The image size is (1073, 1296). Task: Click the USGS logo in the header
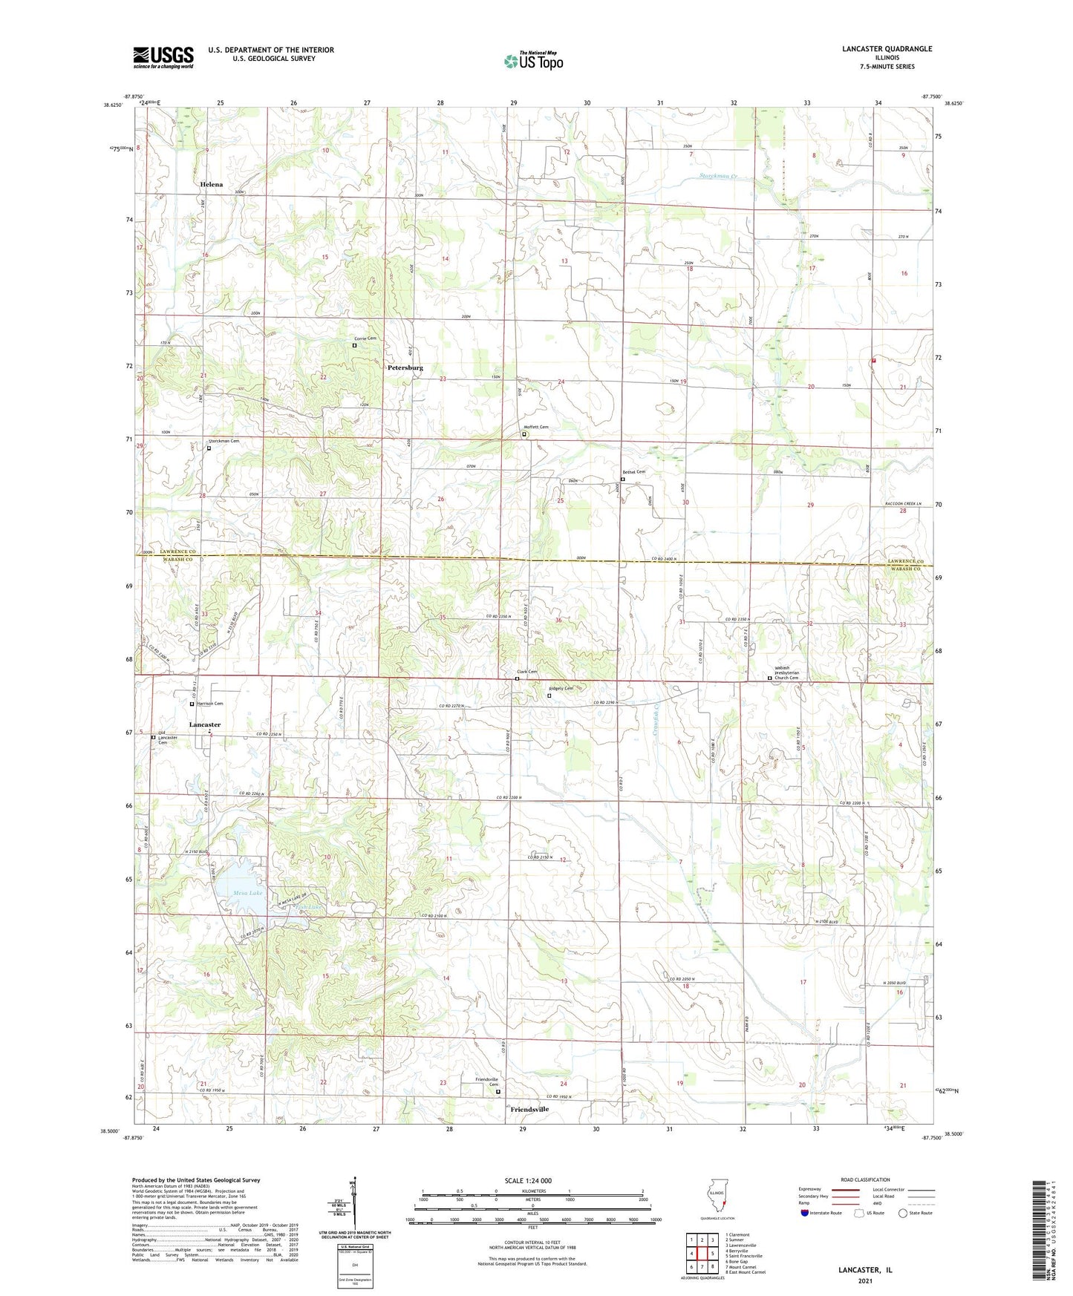(163, 57)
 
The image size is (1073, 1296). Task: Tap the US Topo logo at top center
(533, 61)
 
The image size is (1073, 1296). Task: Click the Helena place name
(211, 184)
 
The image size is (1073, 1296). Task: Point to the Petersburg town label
(405, 367)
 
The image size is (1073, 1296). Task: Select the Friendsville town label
(530, 1109)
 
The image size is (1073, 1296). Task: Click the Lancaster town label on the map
(205, 724)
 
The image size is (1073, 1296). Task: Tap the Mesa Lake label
(247, 893)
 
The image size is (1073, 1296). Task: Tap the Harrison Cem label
(209, 703)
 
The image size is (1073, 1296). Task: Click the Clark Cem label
(526, 672)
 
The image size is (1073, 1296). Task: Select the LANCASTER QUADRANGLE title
(887, 49)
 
